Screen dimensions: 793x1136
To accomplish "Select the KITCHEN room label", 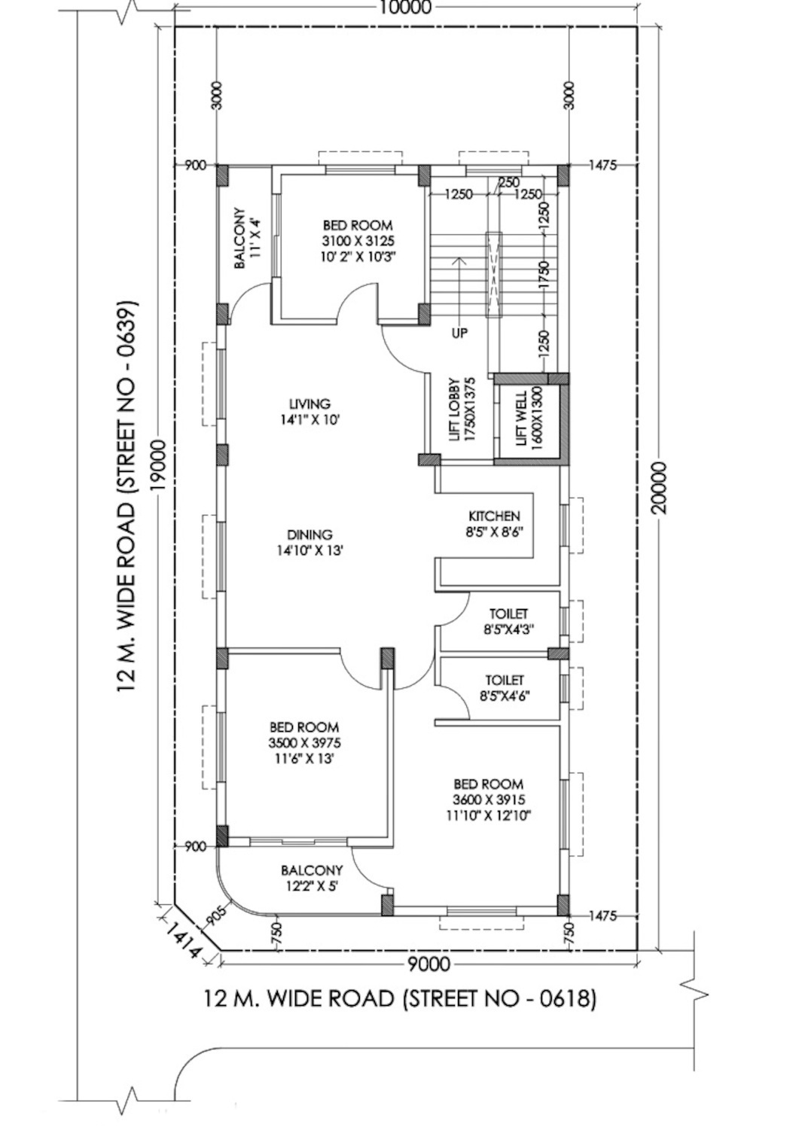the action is pyautogui.click(x=494, y=516).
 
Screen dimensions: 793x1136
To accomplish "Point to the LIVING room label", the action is pyautogui.click(x=310, y=404).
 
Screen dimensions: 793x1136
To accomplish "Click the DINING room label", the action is pyautogui.click(x=310, y=534).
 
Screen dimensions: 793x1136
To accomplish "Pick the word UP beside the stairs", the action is pyautogui.click(x=459, y=333).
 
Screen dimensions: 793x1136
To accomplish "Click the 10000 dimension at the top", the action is pyautogui.click(x=405, y=7).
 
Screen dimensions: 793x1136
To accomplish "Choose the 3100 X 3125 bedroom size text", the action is pyautogui.click(x=358, y=240).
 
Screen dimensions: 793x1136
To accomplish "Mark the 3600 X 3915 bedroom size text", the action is pyautogui.click(x=489, y=799).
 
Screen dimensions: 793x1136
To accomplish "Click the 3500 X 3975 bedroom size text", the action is pyautogui.click(x=304, y=743).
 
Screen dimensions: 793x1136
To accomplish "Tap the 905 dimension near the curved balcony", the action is pyautogui.click(x=218, y=916).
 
